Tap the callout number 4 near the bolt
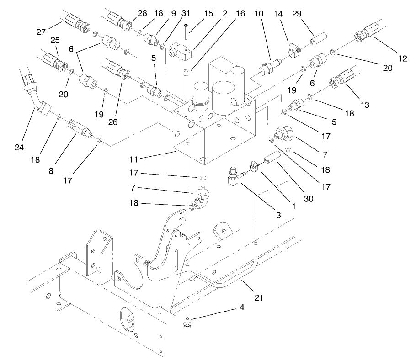[240, 307]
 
